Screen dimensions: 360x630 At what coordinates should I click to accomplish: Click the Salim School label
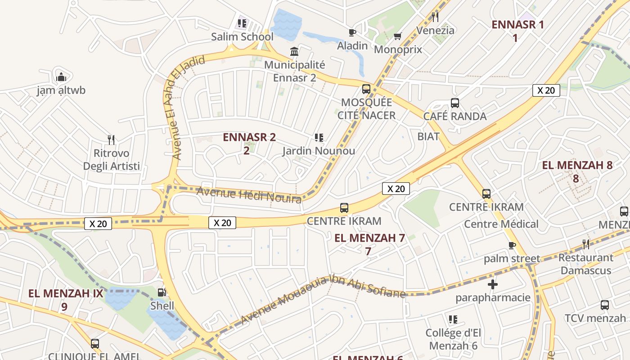pyautogui.click(x=242, y=37)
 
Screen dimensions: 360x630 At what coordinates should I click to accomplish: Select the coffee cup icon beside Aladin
pyautogui.click(x=352, y=32)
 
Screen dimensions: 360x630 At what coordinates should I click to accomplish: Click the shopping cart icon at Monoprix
pyautogui.click(x=397, y=36)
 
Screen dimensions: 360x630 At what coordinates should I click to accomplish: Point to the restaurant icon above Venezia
pyautogui.click(x=435, y=17)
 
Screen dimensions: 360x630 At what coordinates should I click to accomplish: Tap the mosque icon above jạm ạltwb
pyautogui.click(x=61, y=77)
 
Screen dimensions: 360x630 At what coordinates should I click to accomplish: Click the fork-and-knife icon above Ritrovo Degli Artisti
pyautogui.click(x=111, y=140)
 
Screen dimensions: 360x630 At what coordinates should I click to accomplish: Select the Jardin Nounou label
pyautogui.click(x=319, y=151)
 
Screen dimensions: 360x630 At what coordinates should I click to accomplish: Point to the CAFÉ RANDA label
pyautogui.click(x=455, y=117)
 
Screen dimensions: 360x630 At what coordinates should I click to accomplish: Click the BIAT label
pyautogui.click(x=428, y=136)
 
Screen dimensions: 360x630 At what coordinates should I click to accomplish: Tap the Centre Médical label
pyautogui.click(x=501, y=224)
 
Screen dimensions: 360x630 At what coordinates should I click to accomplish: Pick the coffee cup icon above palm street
pyautogui.click(x=512, y=245)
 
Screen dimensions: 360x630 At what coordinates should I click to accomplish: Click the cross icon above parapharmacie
pyautogui.click(x=493, y=284)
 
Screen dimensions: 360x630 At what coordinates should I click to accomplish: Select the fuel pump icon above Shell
pyautogui.click(x=162, y=292)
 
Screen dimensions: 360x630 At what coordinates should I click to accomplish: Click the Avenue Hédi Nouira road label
pyautogui.click(x=249, y=195)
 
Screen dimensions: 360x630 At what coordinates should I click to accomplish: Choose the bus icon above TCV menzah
pyautogui.click(x=604, y=305)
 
